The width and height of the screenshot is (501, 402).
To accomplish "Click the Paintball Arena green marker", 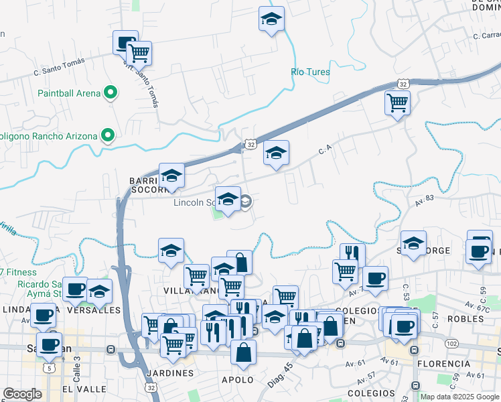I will coord(111,93).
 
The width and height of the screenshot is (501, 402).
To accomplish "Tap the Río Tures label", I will coord(311,72).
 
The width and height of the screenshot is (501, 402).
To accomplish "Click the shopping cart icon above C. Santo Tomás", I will coord(139,52).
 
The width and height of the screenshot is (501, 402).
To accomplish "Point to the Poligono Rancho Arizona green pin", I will coord(108,136).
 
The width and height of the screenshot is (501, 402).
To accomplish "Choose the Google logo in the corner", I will coord(22,394).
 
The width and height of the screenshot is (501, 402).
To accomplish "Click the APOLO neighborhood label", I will coord(238,380).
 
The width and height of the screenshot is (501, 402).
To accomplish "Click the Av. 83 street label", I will coord(425,198).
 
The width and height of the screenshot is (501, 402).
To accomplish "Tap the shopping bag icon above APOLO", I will coord(244,352).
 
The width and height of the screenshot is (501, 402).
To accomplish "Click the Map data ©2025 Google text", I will coord(459,397).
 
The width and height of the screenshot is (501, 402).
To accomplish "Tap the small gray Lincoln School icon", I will coord(246,201).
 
